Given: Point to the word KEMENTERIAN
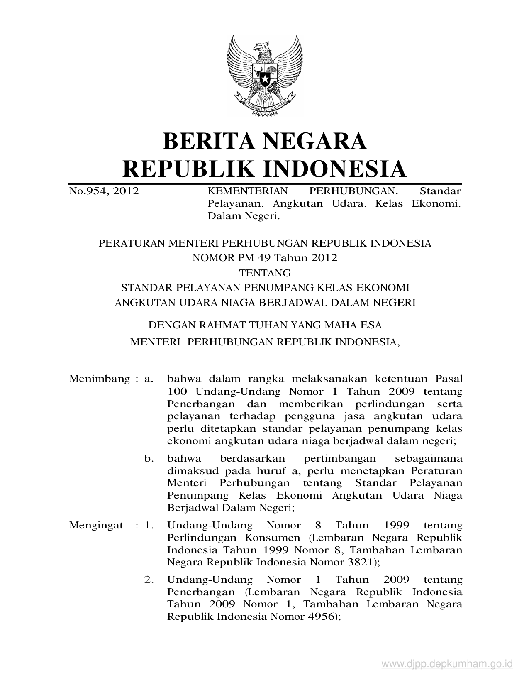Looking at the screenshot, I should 248,191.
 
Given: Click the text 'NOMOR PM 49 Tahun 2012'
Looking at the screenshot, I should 265,258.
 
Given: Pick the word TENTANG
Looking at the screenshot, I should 265,273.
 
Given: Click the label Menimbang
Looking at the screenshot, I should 100,379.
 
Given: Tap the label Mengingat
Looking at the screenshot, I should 96,526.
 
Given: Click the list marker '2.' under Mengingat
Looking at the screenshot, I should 149,580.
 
